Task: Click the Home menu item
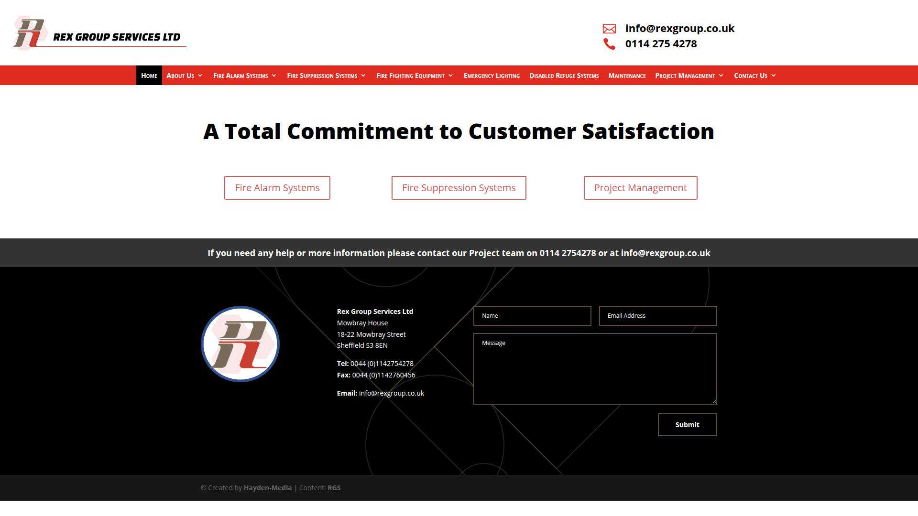point(149,75)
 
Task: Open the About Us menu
point(185,75)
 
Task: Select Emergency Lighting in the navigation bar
point(492,75)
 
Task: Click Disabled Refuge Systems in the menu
point(564,75)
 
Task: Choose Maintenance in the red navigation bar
point(627,75)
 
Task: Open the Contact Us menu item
point(755,75)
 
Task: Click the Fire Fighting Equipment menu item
point(415,75)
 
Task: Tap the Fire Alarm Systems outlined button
point(277,188)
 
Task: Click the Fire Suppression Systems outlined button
point(459,188)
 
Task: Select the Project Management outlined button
point(641,188)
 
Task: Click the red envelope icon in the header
point(609,29)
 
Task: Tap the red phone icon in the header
point(609,44)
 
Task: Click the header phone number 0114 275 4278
point(661,44)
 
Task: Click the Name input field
point(532,316)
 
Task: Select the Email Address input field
point(658,316)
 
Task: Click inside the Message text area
point(595,369)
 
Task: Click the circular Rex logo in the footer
point(240,344)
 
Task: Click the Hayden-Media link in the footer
point(268,488)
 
